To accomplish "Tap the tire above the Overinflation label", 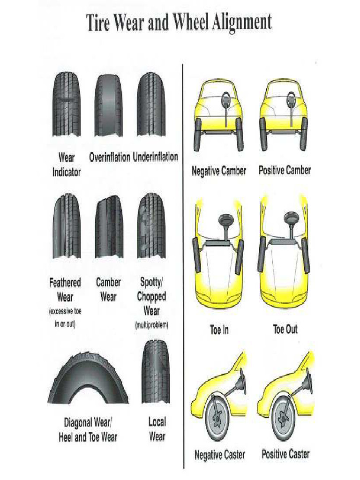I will coord(109,105).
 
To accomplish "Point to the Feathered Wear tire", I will coord(66,226).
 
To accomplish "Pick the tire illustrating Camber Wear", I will coord(109,226).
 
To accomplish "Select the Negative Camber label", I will coord(219,171).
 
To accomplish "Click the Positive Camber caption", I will coord(285,170).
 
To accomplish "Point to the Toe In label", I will coord(219,330).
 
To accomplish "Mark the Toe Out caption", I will coord(285,329).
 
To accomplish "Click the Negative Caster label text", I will coord(219,454).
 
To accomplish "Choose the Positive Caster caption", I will coord(285,454).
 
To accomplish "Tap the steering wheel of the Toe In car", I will coord(226,219).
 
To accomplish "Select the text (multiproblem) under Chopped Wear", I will coord(151,325).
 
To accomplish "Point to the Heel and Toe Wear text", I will coord(88,437).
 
